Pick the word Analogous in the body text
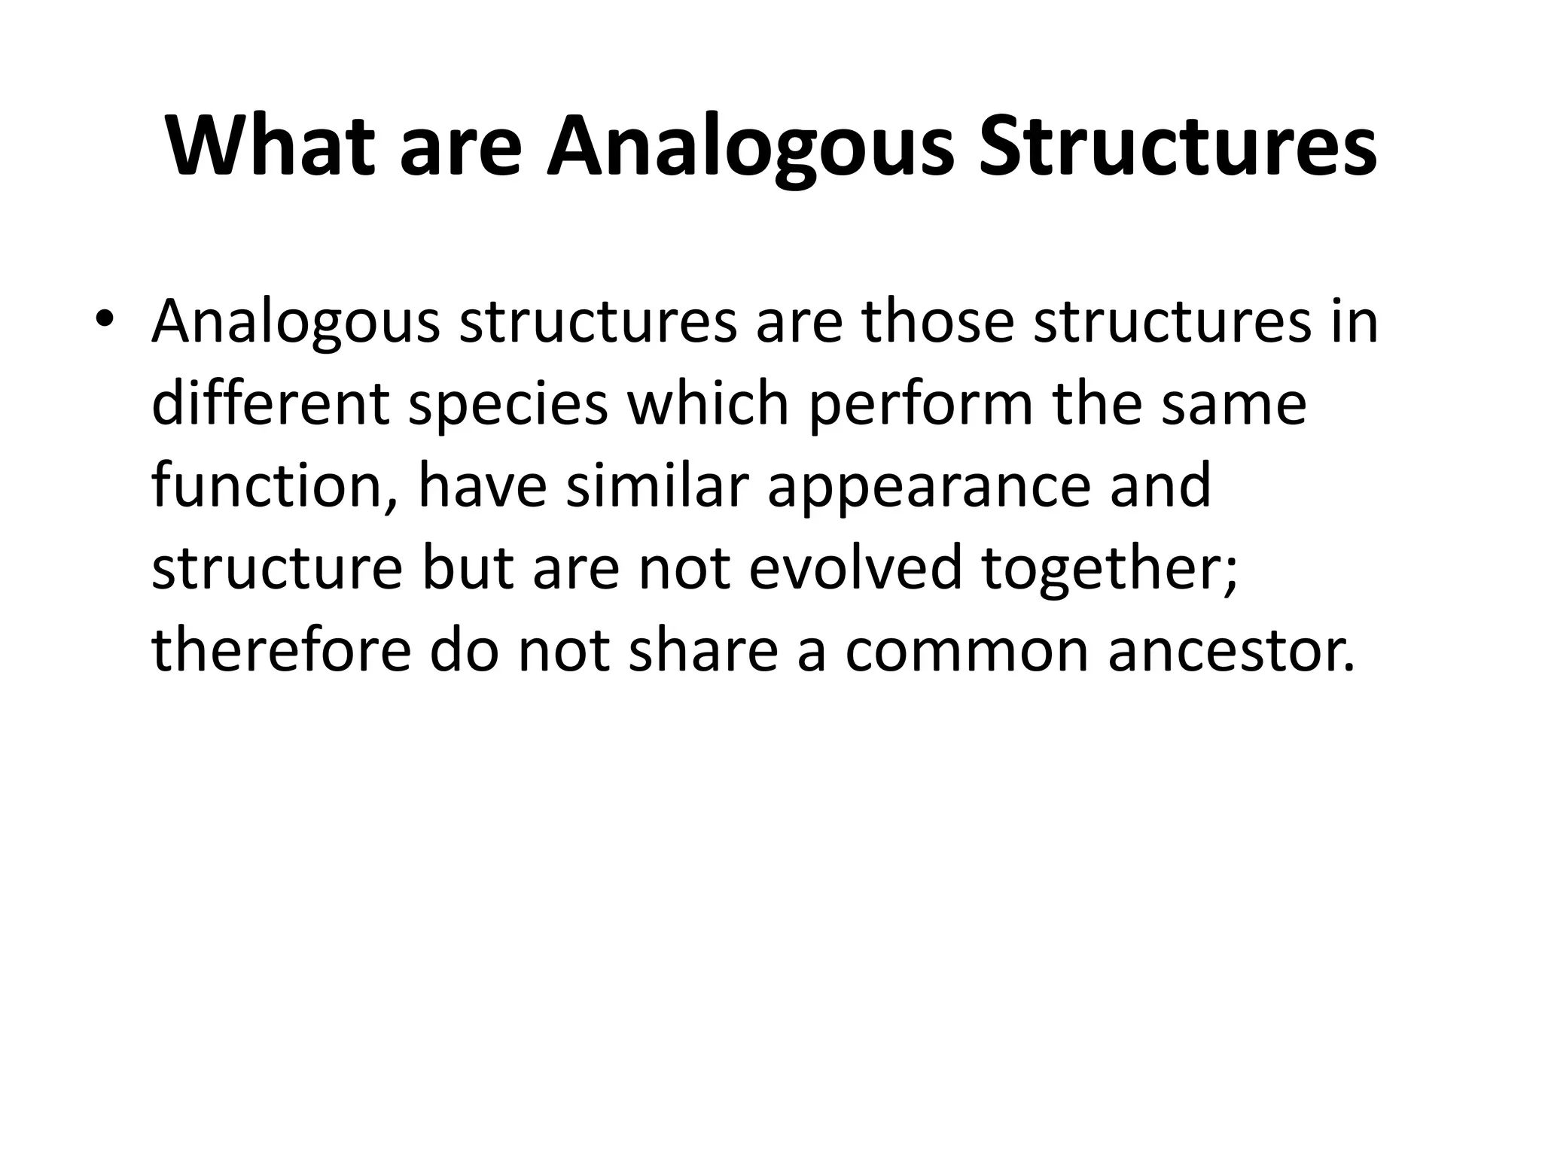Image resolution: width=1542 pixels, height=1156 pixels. [x=295, y=322]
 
